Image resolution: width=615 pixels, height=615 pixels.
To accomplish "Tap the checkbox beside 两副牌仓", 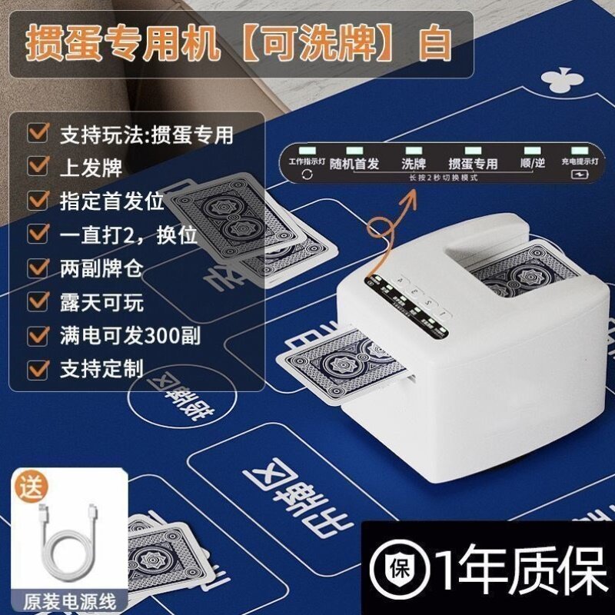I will click(x=35, y=268).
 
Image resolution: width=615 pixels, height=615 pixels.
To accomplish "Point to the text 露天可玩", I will click(x=101, y=302).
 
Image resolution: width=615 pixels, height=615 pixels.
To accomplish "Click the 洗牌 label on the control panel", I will click(x=412, y=164).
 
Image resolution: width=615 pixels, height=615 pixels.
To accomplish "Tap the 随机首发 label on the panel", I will click(x=354, y=164).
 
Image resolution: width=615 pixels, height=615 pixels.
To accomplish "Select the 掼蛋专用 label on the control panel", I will click(x=473, y=164).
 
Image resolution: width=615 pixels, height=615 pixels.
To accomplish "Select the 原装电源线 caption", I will click(x=65, y=597).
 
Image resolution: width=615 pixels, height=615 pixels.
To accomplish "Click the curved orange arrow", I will click(x=392, y=223).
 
